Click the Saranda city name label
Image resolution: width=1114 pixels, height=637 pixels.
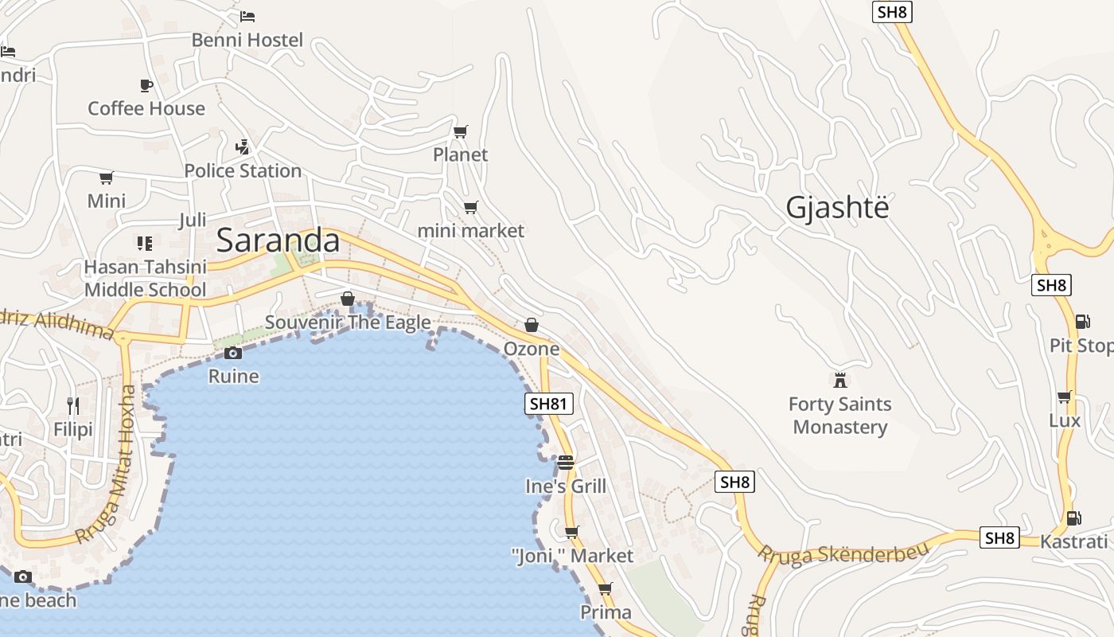(x=278, y=240)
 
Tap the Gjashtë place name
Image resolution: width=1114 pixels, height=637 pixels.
(x=836, y=207)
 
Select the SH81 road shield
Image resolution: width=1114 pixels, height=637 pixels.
(x=549, y=404)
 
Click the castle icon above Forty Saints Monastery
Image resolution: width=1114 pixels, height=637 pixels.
(x=839, y=380)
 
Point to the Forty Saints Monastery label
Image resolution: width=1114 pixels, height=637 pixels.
(x=839, y=416)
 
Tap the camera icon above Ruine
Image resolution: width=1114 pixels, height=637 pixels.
(x=233, y=353)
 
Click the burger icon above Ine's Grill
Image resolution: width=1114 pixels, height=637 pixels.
(x=566, y=463)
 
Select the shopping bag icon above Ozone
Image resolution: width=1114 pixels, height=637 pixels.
(x=532, y=325)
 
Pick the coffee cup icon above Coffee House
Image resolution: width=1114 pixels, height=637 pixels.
(x=146, y=85)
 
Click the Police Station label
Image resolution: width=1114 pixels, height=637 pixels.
(x=243, y=170)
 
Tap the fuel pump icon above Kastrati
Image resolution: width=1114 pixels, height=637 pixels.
(x=1073, y=518)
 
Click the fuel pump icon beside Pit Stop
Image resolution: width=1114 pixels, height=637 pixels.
(x=1082, y=322)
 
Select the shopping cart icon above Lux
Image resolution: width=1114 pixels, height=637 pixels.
(x=1064, y=397)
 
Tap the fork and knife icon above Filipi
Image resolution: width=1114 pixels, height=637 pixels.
(x=73, y=406)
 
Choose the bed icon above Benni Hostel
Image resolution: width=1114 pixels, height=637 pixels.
(x=247, y=16)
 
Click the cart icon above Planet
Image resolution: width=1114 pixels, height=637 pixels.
(x=460, y=131)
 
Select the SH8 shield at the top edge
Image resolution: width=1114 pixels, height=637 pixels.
(x=892, y=12)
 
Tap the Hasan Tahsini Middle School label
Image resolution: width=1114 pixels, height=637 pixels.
(x=145, y=278)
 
